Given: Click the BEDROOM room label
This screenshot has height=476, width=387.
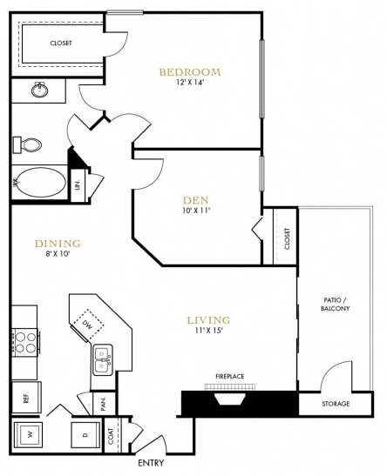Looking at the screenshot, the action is [190, 72].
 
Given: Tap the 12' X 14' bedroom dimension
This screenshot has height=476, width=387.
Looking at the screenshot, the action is [189, 83].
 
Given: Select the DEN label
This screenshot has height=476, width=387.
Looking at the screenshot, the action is [196, 200].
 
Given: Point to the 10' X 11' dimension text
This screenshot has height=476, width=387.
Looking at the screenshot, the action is [196, 211].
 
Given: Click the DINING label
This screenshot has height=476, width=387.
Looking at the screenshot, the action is [58, 244].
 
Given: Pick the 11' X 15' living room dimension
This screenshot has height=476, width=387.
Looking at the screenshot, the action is [209, 331].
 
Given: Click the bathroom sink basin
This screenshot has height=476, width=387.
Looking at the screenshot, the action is [39, 90].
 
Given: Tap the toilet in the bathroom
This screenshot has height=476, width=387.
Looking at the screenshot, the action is [27, 144].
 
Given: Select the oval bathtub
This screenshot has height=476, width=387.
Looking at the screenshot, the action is [39, 183].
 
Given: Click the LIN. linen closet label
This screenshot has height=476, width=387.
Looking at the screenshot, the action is [78, 184].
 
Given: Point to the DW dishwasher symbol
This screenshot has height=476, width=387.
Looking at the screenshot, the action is [87, 325].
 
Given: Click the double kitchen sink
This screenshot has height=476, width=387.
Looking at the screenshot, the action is [103, 360].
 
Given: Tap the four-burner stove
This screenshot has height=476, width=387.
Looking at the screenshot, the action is [25, 342].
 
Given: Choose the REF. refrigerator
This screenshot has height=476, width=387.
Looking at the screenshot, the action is [26, 397].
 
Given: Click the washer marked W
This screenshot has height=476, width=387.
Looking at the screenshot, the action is [28, 435].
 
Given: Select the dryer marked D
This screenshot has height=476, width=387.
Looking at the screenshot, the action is [85, 435].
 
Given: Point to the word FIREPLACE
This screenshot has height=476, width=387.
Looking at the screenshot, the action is [230, 377].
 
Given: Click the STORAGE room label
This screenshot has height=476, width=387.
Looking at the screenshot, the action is [336, 404].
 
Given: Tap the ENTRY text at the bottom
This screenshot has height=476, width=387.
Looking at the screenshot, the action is [151, 463].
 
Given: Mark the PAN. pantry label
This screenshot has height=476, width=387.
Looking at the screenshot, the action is [103, 404].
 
